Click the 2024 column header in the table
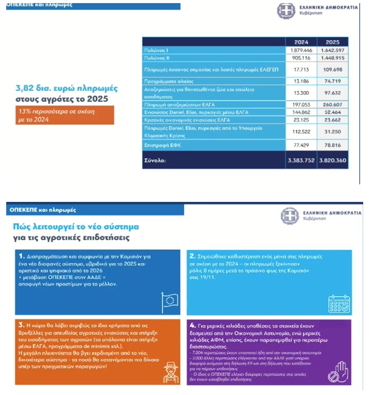pyautogui.click(x=301, y=42)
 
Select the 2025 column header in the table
pyautogui.click(x=332, y=42)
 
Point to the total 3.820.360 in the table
pyautogui.click(x=332, y=160)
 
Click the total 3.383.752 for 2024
pyautogui.click(x=301, y=160)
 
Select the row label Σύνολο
pyautogui.click(x=155, y=160)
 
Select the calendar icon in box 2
pyautogui.click(x=339, y=302)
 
